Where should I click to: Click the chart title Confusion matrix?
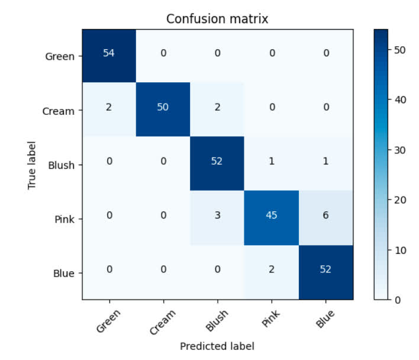tap(217, 19)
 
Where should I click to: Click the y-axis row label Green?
tap(60, 57)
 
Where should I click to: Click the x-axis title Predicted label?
tap(217, 346)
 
